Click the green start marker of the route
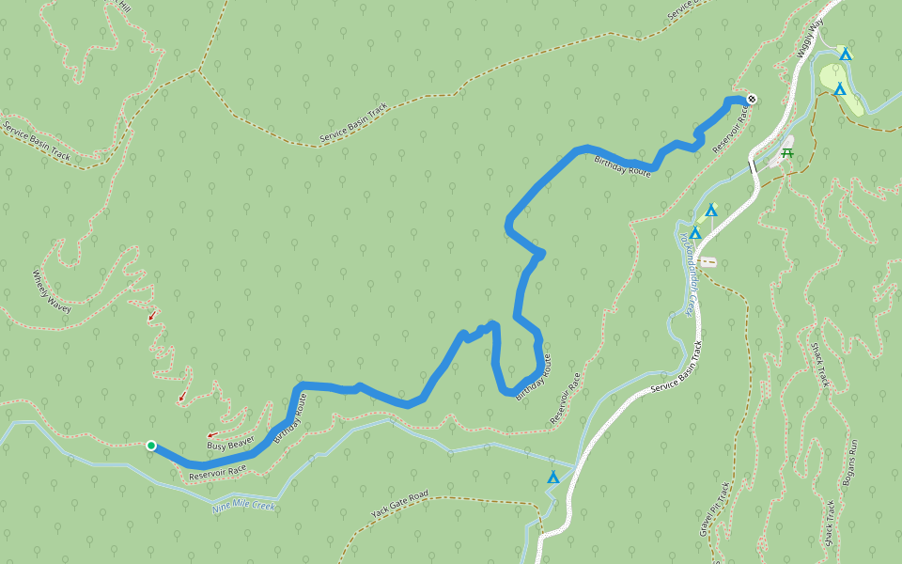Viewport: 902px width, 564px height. click(x=150, y=446)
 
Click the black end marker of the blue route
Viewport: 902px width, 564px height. click(x=753, y=100)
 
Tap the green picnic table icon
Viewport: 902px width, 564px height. click(x=786, y=152)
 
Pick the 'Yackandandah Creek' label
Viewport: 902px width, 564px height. click(x=687, y=274)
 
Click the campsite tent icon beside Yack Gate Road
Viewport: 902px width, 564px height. click(x=553, y=478)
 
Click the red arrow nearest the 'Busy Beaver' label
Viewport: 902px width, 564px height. click(x=212, y=434)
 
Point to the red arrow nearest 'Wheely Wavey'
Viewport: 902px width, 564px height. click(x=152, y=316)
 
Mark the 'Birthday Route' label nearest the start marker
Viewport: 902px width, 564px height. click(x=289, y=418)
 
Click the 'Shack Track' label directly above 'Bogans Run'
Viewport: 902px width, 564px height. click(x=819, y=365)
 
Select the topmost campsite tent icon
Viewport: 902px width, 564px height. click(x=846, y=55)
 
